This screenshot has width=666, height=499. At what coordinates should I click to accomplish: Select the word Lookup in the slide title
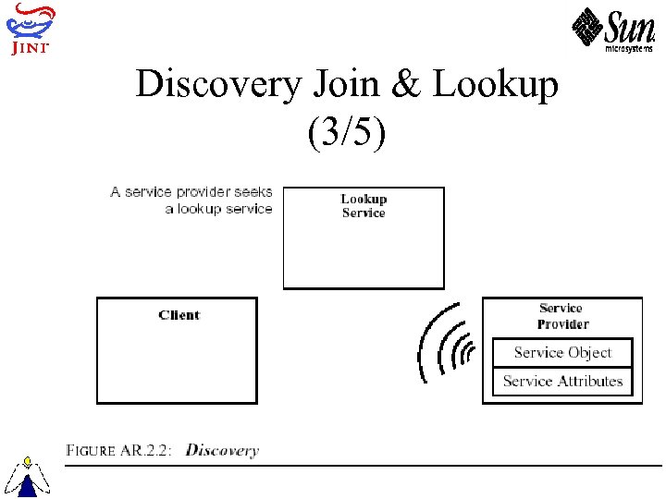coord(496,85)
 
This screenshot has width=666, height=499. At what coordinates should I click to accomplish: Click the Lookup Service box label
coord(364,205)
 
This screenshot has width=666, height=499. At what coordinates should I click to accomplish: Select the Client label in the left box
coord(179,315)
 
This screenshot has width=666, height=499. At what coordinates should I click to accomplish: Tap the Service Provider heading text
coord(561,316)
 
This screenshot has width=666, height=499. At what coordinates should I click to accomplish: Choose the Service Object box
coord(562,352)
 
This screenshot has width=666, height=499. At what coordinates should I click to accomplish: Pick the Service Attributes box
coord(562,381)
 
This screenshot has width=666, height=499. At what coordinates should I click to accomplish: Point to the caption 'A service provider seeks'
coord(191,192)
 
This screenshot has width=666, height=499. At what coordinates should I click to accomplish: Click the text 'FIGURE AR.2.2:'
coord(120,451)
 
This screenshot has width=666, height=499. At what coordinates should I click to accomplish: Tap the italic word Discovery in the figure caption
coord(222,451)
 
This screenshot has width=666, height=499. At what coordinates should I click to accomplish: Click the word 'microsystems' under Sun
coord(629,49)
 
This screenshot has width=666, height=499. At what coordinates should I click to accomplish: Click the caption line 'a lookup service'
coord(218,209)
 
